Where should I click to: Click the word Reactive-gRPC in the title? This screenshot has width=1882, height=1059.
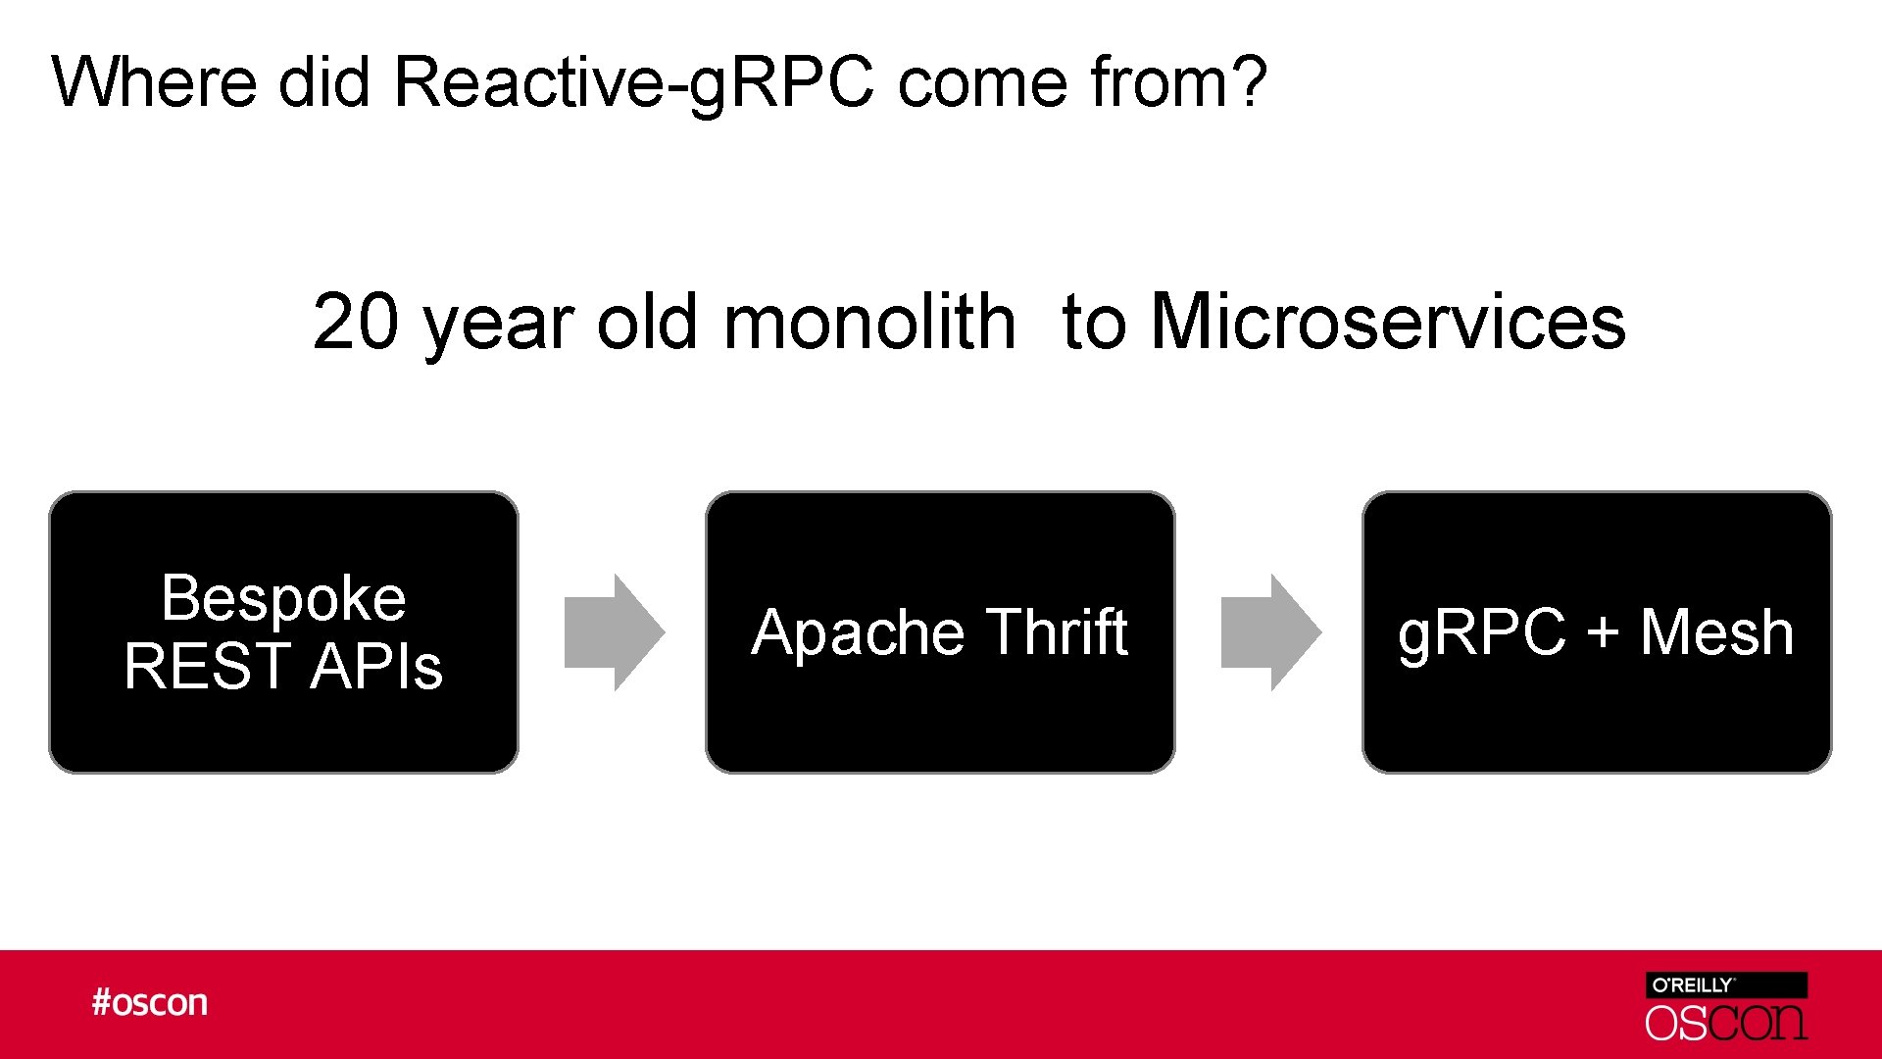(x=632, y=82)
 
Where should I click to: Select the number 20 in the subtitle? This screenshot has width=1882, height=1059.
(x=355, y=322)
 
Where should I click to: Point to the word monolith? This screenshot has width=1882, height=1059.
(x=869, y=322)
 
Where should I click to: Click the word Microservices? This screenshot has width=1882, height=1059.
(x=1388, y=322)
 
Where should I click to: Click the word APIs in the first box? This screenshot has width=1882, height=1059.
(x=377, y=666)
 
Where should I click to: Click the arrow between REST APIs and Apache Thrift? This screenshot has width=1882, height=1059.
(x=615, y=632)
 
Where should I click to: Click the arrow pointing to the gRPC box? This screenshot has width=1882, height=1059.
(x=1270, y=632)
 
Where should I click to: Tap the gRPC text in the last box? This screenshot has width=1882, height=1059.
(x=1481, y=632)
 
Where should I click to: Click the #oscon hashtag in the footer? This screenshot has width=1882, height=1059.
(x=150, y=1002)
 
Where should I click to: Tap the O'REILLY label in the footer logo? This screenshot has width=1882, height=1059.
(x=1693, y=985)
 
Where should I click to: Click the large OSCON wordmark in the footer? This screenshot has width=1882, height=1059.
(x=1725, y=1023)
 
